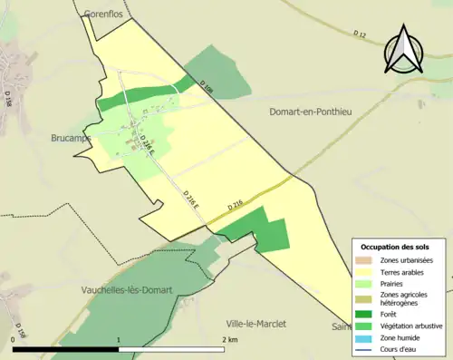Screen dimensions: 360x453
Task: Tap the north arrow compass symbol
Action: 406,50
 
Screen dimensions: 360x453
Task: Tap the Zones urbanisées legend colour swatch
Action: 366,261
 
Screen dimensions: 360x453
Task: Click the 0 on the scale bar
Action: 14,339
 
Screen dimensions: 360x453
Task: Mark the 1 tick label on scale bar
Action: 119,339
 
